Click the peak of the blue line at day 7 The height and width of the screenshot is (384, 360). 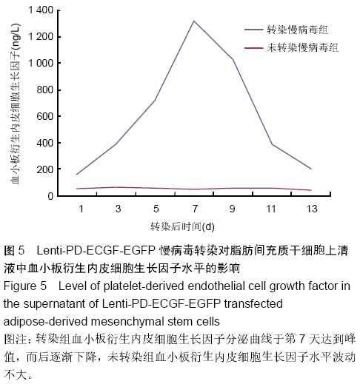coord(194,21)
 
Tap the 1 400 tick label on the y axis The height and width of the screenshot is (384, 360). coord(41,10)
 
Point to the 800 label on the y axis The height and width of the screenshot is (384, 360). coord(45,90)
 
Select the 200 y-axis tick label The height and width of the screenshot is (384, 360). coord(45,169)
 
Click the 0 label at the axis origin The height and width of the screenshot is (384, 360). coord(50,196)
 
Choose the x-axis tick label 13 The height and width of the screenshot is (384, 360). coord(312,209)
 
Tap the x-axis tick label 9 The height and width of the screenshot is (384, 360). coord(233,209)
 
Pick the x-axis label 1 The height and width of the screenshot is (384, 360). coord(81,209)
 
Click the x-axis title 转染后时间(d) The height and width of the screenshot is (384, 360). coord(182,226)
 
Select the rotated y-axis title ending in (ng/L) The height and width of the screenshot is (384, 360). coord(15,104)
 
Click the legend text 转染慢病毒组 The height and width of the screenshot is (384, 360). coord(298,30)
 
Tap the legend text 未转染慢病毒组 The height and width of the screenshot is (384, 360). coord(303,47)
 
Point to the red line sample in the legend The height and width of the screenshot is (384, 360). coord(253,48)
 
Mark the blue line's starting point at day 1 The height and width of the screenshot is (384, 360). coord(77,175)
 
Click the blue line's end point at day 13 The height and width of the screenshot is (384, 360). coord(311,169)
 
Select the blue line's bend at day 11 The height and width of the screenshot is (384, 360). coord(272,144)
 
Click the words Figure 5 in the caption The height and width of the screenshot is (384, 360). coord(25,286)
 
